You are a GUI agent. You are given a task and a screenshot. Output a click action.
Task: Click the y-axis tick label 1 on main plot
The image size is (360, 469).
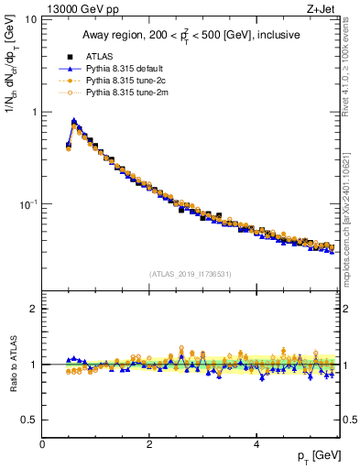click(34, 112)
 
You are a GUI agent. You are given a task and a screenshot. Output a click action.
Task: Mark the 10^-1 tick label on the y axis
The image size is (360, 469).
click(28, 203)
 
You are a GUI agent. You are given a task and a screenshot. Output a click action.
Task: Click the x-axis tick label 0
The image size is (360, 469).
click(42, 444)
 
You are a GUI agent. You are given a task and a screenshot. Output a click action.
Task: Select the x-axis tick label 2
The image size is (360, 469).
click(149, 444)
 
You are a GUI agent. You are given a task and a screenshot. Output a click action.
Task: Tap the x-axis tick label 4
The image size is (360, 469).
click(256, 444)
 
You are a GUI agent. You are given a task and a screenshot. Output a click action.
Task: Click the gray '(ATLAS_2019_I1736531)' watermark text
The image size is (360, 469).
click(191, 273)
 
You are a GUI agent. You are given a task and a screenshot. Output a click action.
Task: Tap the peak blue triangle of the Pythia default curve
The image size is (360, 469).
click(74, 120)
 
